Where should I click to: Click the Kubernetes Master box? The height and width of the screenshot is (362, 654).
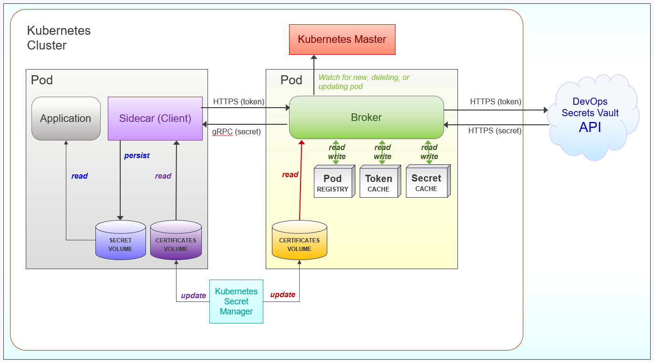(342, 40)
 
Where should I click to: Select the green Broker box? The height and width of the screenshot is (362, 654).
(366, 117)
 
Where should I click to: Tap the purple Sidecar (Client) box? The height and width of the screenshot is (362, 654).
(155, 119)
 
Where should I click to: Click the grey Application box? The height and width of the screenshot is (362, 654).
(66, 119)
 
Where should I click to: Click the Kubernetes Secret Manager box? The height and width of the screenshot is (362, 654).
(236, 302)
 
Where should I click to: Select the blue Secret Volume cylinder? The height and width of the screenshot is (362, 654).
(120, 240)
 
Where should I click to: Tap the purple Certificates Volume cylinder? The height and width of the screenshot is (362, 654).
(176, 240)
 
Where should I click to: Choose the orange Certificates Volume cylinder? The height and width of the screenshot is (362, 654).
(299, 240)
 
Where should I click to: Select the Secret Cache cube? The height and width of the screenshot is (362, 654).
(426, 182)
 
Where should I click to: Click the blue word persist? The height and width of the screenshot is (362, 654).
(137, 156)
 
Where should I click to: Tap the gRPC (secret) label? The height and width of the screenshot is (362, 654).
(237, 131)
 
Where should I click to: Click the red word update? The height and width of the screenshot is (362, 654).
(283, 294)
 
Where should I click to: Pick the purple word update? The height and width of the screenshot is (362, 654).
(193, 295)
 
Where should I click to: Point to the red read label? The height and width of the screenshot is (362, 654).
(290, 175)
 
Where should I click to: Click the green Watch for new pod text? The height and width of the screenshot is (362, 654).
(363, 82)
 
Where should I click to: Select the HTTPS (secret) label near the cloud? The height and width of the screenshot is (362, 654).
(495, 131)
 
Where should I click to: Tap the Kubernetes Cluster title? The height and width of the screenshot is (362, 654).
(59, 38)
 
